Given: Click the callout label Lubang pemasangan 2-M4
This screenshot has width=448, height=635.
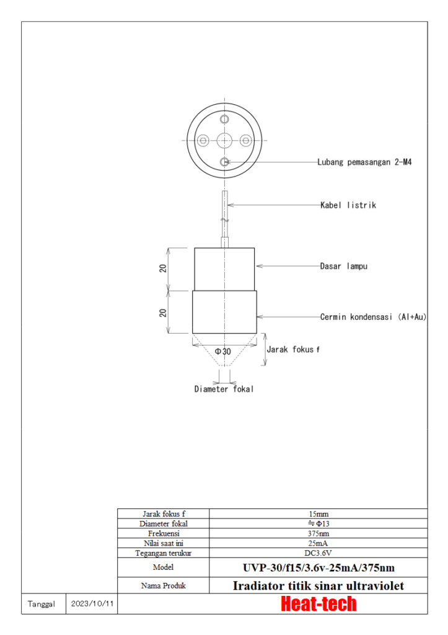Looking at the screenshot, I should point(364,162).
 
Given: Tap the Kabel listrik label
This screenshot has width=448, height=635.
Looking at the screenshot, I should point(348,205).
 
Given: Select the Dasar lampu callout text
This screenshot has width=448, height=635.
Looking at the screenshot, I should point(344,266).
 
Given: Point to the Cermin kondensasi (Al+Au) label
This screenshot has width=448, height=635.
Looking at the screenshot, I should point(373,317).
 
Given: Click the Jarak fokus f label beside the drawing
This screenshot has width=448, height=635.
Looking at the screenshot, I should point(293,350).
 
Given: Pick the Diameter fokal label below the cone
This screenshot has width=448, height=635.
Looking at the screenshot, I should point(224,389).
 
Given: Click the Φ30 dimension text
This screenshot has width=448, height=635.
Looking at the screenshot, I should point(223,352).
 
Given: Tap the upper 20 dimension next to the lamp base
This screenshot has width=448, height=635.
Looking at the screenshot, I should point(163,269).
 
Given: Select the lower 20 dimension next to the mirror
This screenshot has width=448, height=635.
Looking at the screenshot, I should point(163,312).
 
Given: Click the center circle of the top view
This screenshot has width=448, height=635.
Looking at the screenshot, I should point(224,140).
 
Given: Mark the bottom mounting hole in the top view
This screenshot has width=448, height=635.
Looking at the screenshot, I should point(224,162).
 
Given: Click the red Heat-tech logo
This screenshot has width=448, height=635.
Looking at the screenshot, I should point(318,603).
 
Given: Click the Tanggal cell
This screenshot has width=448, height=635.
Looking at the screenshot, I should point(43,603).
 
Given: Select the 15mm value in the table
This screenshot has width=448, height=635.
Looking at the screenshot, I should point(318,513).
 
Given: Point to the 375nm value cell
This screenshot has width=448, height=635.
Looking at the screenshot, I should point(318,533).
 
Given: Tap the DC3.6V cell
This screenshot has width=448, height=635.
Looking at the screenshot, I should point(318,553).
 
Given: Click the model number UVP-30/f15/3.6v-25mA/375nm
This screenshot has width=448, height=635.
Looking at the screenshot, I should point(318,567).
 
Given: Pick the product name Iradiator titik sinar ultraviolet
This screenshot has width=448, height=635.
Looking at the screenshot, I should point(318,585).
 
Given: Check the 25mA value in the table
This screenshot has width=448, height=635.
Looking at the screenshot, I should point(318,543).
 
